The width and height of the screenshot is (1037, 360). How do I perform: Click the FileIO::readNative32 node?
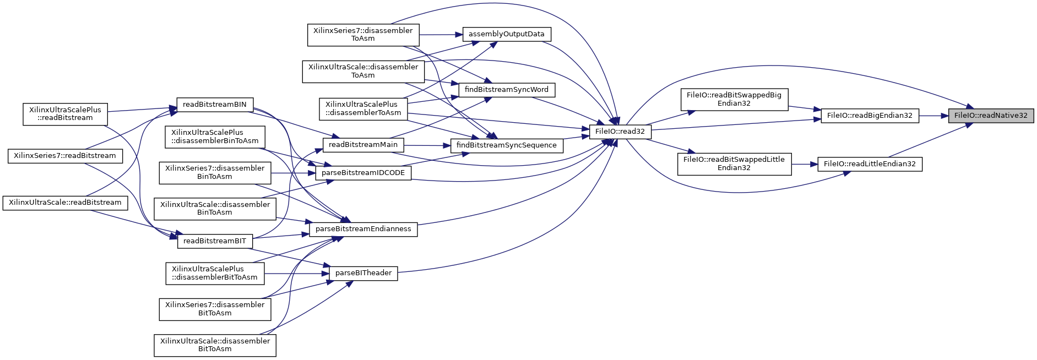click(x=990, y=116)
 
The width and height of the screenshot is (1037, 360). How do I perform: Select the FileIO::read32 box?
click(x=620, y=132)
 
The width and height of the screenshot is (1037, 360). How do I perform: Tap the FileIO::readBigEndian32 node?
click(x=870, y=116)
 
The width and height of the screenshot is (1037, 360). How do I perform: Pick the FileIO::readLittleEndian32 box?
click(x=870, y=164)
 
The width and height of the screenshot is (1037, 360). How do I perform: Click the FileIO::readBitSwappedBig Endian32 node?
click(x=734, y=99)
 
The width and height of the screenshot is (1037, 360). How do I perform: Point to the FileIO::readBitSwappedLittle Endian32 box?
click(x=734, y=163)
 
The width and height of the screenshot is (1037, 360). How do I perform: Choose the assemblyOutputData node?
click(x=506, y=34)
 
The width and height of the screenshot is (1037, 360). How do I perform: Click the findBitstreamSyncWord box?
click(x=506, y=90)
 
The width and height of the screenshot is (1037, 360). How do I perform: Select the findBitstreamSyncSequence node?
click(x=506, y=145)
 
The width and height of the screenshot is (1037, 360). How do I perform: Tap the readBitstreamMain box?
click(x=363, y=145)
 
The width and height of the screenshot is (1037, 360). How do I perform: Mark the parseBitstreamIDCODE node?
click(x=363, y=173)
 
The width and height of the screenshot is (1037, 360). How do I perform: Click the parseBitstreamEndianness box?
click(x=363, y=229)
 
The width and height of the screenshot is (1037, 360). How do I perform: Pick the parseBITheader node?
click(x=363, y=273)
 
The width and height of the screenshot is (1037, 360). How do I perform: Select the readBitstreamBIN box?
click(x=214, y=105)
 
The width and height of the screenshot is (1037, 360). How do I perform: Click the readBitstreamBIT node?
click(x=214, y=241)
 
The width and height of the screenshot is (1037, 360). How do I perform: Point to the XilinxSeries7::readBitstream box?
click(x=64, y=156)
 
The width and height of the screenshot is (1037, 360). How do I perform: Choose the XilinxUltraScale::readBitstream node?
click(x=65, y=203)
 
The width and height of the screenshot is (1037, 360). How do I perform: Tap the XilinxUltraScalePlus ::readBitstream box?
click(x=65, y=114)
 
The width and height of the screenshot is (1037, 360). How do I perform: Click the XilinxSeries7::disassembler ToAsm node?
click(x=363, y=35)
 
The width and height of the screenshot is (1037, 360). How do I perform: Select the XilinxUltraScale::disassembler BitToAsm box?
click(x=215, y=345)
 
